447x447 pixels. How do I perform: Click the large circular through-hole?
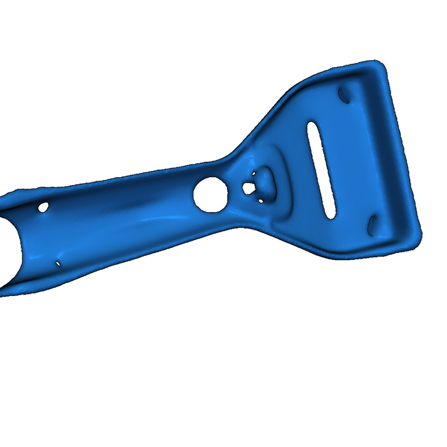210,195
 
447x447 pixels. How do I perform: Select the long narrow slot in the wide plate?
321,170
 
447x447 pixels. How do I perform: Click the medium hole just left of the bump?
248,189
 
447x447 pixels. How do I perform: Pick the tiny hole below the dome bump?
261,201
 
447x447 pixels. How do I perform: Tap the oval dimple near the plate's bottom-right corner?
372,224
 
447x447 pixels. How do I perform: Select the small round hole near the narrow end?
43,207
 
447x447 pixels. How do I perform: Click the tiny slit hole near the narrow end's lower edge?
58,263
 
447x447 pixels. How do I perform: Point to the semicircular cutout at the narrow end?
9,249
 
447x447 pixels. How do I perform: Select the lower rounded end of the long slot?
331,213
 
